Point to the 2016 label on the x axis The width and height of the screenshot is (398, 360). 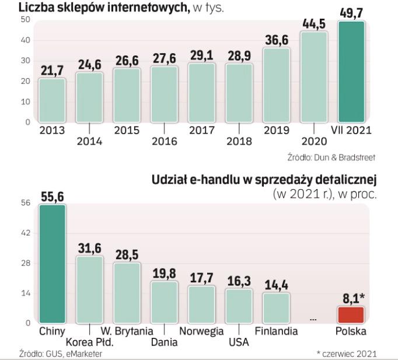[x=164, y=141]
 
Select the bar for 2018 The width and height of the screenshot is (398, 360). [x=239, y=93]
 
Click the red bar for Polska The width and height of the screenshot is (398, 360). [x=351, y=314]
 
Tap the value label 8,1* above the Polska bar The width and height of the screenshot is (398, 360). [x=352, y=298]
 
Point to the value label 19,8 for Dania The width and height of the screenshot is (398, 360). [x=164, y=273]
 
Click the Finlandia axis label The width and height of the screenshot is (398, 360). [x=276, y=331]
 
